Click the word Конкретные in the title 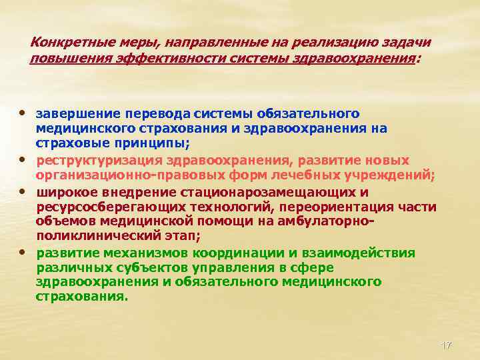(x=63, y=42)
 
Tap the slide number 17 (x=446, y=345)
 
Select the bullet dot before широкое (x=23, y=190)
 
